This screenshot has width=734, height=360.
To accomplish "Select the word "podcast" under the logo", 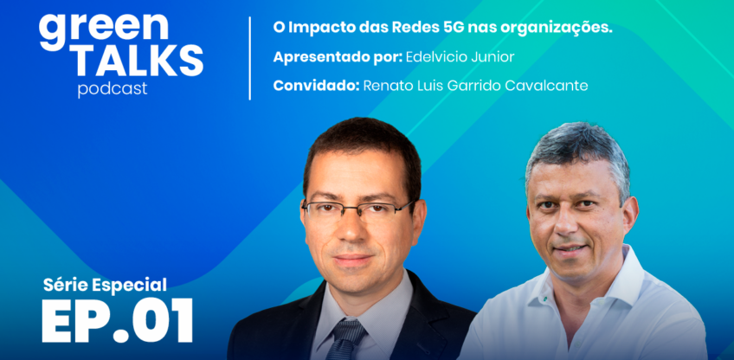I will click(112, 90).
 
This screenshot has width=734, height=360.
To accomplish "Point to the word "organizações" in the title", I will click(559, 28).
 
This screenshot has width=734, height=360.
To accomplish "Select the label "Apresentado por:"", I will click(337, 57).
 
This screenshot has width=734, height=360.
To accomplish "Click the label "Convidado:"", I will click(317, 85).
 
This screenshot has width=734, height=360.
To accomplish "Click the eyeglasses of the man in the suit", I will click(357, 209).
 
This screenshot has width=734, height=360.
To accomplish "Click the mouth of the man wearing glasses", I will click(355, 259).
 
